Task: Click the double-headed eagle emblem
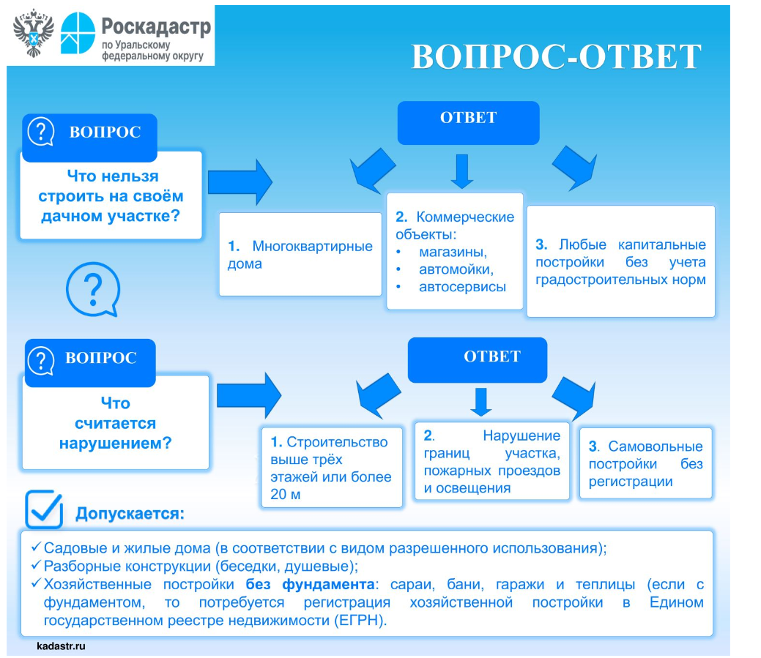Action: pos(32,34)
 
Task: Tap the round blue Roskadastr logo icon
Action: pos(78,34)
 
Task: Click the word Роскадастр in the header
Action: pos(156,27)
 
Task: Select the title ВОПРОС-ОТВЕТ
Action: pos(557,57)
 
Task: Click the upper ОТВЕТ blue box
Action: pos(468,121)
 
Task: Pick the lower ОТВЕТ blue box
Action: pos(477,359)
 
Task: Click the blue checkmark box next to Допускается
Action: pos(44,509)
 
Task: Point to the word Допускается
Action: pos(130,514)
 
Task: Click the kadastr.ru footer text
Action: pos(62,646)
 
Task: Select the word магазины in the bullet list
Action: pos(453,253)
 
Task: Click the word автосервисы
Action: pos(462,287)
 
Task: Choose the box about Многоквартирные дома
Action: pos(300,255)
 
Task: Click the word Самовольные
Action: pos(656,446)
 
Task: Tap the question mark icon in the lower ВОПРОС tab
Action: pos(41,361)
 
